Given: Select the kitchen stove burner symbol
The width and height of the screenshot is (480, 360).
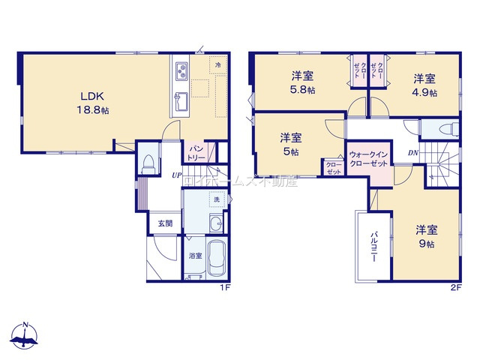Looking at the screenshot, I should pyautogui.click(x=181, y=72).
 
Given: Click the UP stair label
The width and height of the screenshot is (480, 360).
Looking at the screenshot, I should pyautogui.click(x=175, y=175).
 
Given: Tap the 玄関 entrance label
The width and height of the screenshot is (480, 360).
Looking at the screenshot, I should pyautogui.click(x=164, y=223).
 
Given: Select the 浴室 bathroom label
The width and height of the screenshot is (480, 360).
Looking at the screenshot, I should pyautogui.click(x=194, y=256).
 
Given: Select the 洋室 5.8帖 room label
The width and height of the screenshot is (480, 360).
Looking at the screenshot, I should pyautogui.click(x=303, y=83).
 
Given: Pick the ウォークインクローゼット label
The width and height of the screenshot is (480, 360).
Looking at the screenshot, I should pyautogui.click(x=367, y=159).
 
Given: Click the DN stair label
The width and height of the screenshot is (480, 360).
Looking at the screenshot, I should pyautogui.click(x=412, y=153).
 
